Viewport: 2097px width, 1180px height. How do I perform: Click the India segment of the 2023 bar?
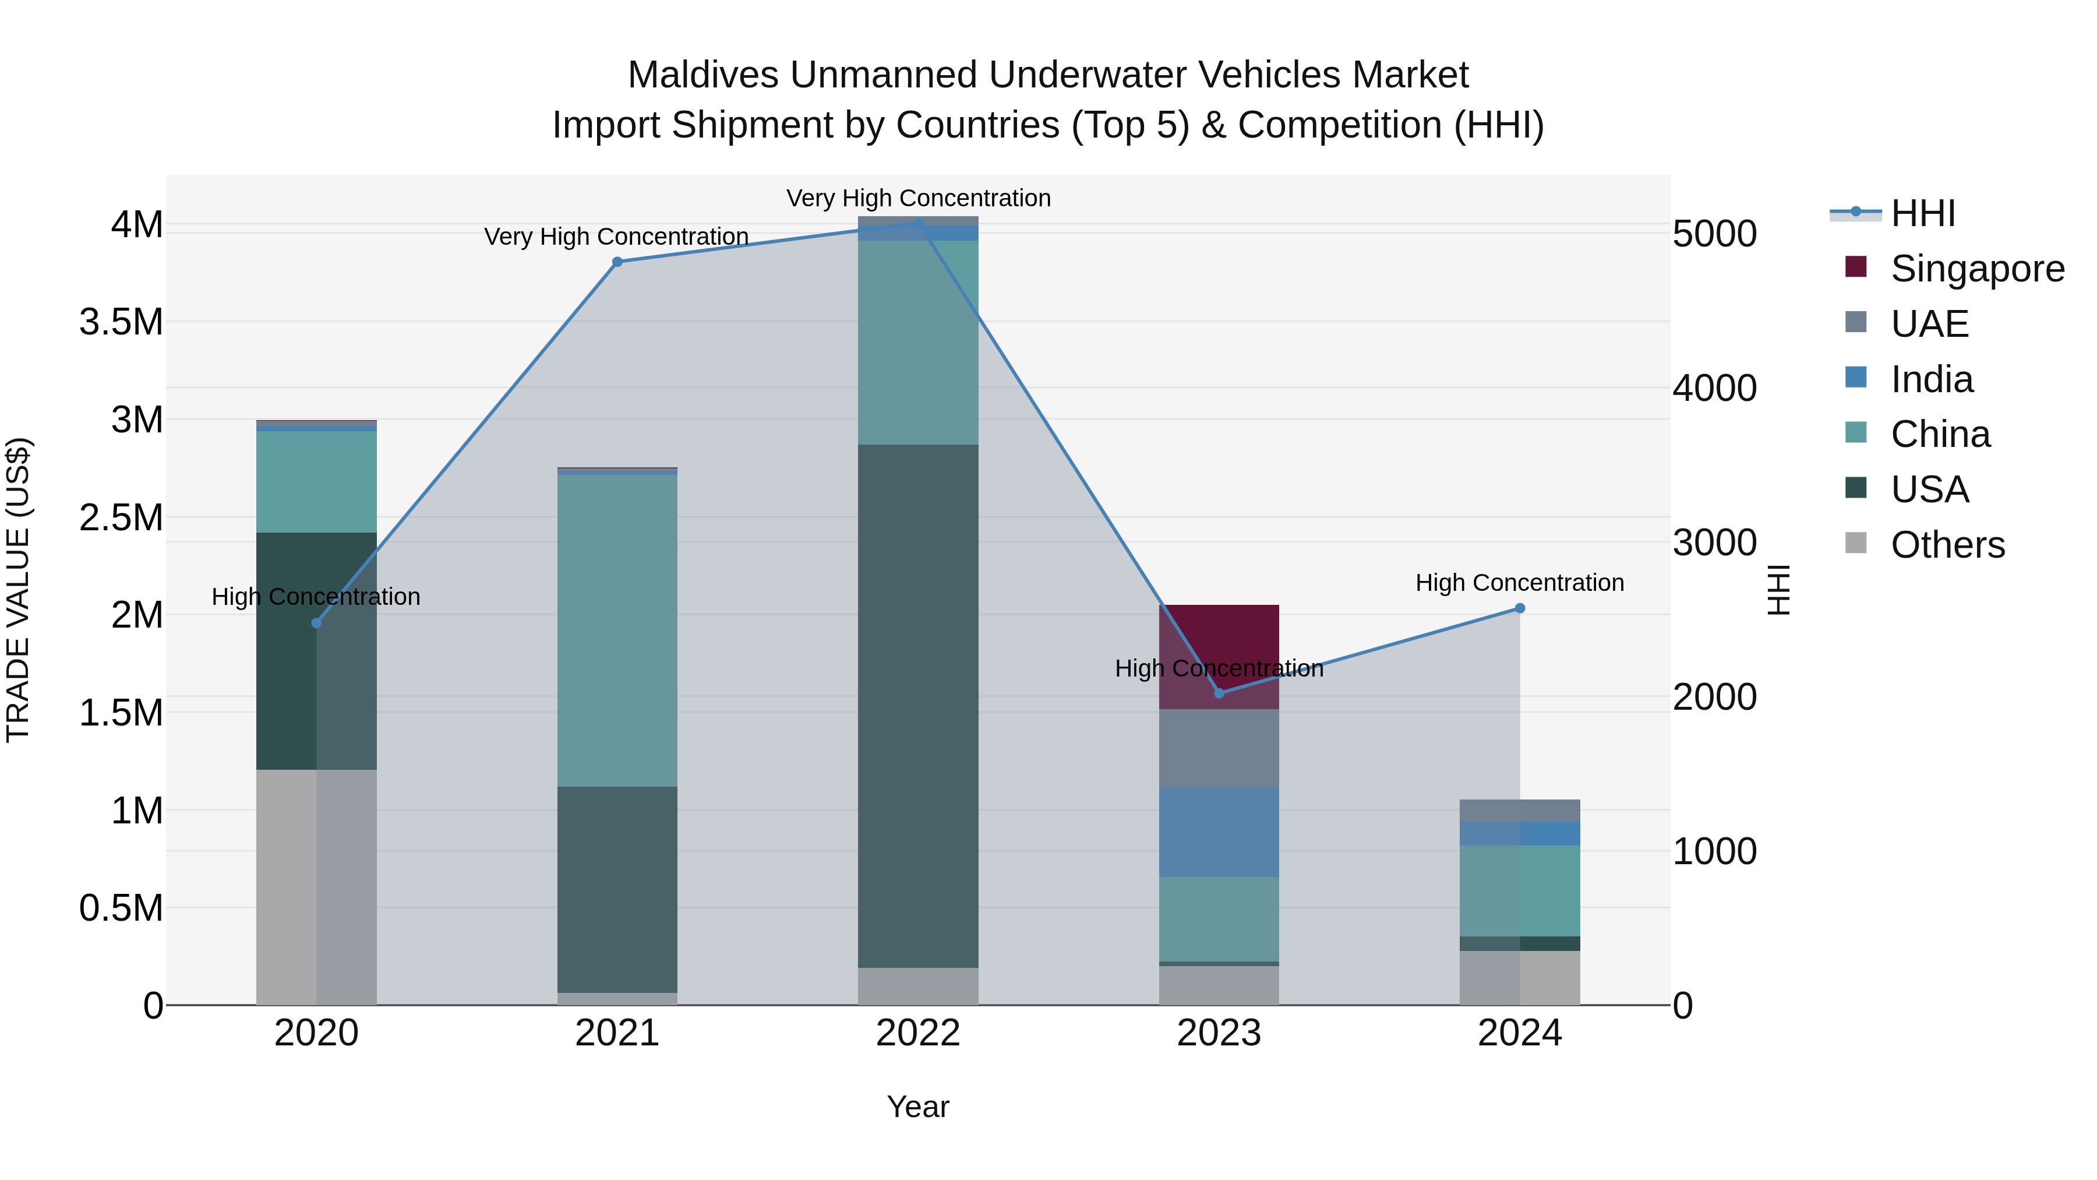point(1219,832)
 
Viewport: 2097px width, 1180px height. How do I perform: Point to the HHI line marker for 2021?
point(617,262)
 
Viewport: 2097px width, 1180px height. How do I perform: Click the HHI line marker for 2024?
point(1519,608)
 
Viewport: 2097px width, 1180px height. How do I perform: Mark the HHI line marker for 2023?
point(1219,693)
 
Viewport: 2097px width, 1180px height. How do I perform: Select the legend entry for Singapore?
point(1976,269)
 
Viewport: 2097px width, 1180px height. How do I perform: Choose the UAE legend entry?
point(1929,324)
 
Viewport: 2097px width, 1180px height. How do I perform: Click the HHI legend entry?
point(1922,213)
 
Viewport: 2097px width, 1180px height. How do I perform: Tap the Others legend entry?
point(1947,545)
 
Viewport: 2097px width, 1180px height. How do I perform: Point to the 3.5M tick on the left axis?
point(121,322)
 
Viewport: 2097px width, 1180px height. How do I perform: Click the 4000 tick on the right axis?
point(1714,389)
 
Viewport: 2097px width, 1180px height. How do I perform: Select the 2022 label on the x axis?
point(917,1033)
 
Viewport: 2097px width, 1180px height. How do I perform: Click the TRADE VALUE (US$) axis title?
point(18,590)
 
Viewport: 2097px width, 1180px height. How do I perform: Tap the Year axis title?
point(917,1107)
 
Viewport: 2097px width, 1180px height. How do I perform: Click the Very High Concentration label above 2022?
point(917,198)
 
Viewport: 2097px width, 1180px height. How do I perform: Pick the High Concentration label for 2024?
point(1519,583)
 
